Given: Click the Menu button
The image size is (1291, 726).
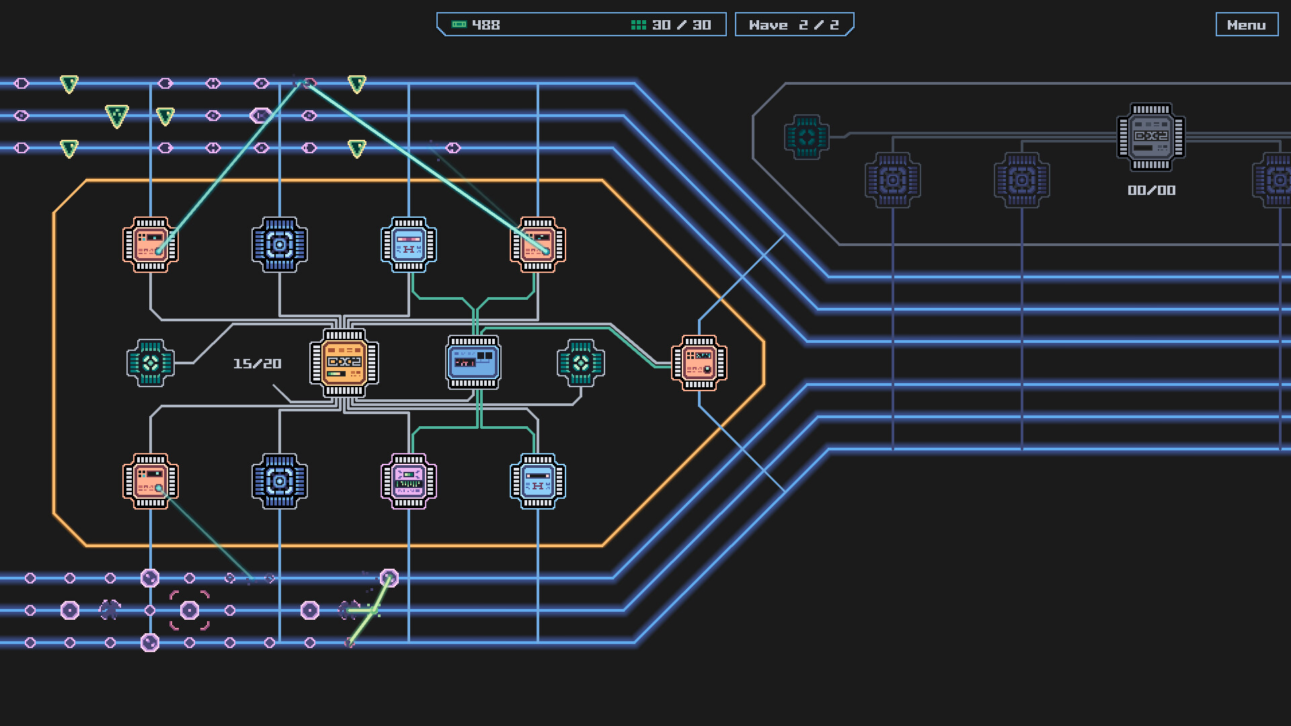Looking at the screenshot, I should (1246, 25).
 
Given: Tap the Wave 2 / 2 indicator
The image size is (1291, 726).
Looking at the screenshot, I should (793, 25).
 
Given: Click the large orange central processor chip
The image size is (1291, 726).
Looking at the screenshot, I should (344, 363).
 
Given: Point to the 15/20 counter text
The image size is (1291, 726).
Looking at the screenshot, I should (257, 364).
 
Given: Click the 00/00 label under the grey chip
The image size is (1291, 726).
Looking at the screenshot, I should (1151, 191).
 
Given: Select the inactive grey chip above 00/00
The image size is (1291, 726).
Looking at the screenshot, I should (1151, 137).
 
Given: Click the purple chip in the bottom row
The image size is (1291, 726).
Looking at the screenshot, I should (409, 481).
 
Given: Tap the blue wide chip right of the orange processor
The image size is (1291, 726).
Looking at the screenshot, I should (473, 363).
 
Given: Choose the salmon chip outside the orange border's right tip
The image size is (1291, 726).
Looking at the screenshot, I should (699, 363).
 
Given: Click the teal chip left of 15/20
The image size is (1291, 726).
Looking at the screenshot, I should (151, 363).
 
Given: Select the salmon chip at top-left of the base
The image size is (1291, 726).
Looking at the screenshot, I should (151, 245).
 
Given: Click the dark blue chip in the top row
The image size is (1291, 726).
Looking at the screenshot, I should (280, 245).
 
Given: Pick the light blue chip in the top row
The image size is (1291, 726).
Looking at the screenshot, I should (409, 245).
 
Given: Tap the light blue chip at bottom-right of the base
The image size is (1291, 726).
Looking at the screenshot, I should (538, 481).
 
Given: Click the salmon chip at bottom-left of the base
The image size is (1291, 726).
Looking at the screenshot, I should (151, 481).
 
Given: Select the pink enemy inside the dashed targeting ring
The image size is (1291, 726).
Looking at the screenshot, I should (190, 610).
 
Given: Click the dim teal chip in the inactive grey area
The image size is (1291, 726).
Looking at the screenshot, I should (807, 137).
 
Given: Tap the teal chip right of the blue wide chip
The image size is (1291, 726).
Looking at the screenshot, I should (581, 363).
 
